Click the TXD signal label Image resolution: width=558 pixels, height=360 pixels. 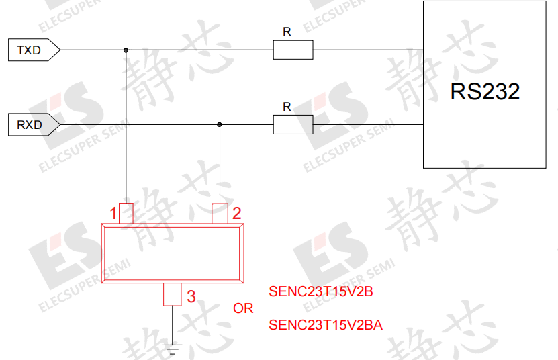click(x=34, y=50)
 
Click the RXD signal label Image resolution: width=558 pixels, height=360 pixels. click(x=34, y=125)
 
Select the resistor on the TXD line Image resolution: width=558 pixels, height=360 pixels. click(x=293, y=50)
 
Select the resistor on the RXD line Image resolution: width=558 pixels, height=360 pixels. click(x=293, y=125)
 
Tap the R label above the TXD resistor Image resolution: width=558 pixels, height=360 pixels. click(x=287, y=32)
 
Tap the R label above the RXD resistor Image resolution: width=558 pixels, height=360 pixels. click(x=287, y=107)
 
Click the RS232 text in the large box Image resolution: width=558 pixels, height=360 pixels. click(x=485, y=91)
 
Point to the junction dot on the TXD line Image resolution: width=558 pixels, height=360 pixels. click(x=126, y=50)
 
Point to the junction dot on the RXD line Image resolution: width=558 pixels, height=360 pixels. click(x=219, y=125)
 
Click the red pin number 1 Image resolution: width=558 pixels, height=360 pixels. click(x=113, y=214)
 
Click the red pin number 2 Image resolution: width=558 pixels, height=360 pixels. click(x=237, y=214)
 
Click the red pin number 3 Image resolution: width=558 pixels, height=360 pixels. click(x=191, y=297)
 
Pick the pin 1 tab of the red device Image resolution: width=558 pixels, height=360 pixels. click(x=126, y=214)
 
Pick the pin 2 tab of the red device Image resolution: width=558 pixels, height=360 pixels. click(x=220, y=214)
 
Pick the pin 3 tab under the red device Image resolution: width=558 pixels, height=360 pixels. click(x=173, y=294)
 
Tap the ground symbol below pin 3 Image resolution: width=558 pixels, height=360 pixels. click(x=173, y=349)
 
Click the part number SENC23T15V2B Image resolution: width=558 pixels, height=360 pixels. click(x=321, y=291)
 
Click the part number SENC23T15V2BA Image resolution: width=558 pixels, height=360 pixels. click(x=326, y=325)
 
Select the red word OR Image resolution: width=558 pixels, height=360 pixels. click(x=243, y=308)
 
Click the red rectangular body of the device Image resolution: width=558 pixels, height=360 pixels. click(x=173, y=226)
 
